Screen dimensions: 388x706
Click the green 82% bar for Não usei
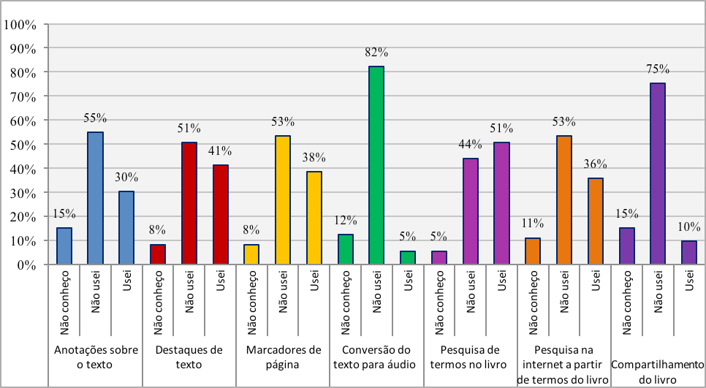(x=376, y=165)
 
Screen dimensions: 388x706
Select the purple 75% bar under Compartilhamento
(x=658, y=174)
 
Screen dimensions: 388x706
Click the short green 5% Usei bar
(x=408, y=258)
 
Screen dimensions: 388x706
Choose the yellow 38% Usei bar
(x=314, y=218)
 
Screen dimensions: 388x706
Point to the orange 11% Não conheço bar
(x=533, y=251)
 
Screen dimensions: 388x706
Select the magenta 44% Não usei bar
(x=470, y=211)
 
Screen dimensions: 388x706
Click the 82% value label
(x=377, y=53)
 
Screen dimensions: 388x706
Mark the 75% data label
(x=658, y=69)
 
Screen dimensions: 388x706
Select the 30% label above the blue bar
(x=126, y=177)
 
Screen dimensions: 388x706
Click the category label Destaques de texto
(x=189, y=357)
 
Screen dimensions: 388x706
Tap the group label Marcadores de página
(x=284, y=357)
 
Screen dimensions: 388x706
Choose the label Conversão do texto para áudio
(x=376, y=357)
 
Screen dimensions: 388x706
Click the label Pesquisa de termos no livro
(x=470, y=357)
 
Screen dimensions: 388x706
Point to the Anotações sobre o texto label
(x=96, y=357)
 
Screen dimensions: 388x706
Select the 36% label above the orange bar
(x=596, y=164)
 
